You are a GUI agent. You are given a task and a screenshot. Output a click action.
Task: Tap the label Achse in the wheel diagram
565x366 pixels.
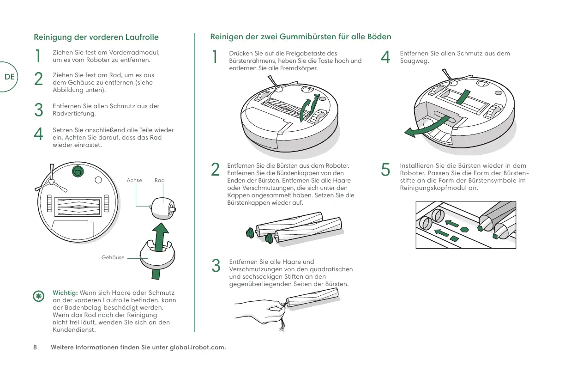pos(134,180)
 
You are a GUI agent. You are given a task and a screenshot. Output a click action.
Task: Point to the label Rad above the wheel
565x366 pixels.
pos(160,180)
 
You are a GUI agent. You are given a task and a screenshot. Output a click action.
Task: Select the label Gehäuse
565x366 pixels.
pos(113,257)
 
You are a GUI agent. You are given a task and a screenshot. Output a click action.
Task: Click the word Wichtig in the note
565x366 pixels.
pos(66,293)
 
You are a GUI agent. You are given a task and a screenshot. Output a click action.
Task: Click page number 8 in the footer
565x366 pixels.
pos(35,348)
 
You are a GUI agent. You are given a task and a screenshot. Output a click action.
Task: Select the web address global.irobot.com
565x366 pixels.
pos(198,348)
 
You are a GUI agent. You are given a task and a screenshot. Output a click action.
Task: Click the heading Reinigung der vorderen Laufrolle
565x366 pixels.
pos(96,37)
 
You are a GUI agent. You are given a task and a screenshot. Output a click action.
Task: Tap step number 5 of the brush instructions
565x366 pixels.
pos(386,170)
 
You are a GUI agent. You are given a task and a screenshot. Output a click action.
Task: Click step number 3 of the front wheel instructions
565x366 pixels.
pos(39,110)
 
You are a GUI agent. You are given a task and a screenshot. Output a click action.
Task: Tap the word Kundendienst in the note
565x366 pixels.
pos(74,329)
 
